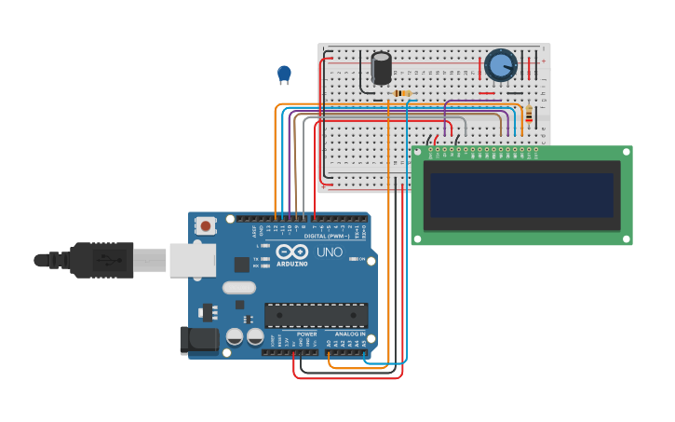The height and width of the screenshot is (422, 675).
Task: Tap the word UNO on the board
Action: [x=330, y=252]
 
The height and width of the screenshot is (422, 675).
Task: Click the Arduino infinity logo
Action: [x=291, y=252]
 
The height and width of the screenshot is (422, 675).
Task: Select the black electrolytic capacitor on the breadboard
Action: [x=381, y=69]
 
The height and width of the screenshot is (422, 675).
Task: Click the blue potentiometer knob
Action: [x=500, y=65]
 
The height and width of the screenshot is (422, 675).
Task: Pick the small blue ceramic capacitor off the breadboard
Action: [x=284, y=73]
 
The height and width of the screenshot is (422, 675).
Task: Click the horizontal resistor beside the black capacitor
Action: [x=402, y=93]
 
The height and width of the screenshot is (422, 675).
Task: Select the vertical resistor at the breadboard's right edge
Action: [x=529, y=114]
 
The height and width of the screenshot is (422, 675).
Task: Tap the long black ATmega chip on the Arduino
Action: [x=316, y=315]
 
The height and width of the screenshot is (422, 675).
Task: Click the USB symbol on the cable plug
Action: [x=109, y=259]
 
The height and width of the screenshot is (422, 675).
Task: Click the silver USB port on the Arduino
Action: [x=192, y=260]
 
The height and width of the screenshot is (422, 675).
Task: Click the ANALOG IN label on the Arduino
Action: [x=350, y=334]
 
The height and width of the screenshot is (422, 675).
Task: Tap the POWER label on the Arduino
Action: [x=306, y=334]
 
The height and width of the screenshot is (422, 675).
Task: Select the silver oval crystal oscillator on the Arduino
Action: [x=238, y=288]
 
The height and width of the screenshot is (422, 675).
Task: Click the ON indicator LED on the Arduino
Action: [x=353, y=259]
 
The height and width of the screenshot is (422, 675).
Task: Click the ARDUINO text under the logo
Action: [x=291, y=264]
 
